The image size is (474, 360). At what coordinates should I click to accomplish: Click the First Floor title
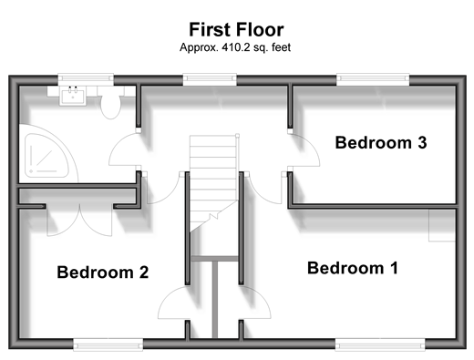tap(236, 30)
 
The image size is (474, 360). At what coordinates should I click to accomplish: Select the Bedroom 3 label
tap(381, 142)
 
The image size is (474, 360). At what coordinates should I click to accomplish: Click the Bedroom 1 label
tap(353, 268)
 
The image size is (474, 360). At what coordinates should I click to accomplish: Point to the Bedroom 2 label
tap(103, 272)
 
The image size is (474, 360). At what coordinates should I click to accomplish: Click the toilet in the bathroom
tap(110, 103)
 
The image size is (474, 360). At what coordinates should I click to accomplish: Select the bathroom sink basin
tap(73, 96)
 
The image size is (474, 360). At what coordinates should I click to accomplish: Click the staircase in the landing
tap(213, 182)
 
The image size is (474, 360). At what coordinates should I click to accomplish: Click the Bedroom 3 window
tap(373, 78)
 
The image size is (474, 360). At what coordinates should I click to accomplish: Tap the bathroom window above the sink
tap(86, 78)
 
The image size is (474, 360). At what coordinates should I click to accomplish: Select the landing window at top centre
tap(210, 78)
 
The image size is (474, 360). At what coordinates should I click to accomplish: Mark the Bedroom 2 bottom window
tap(108, 345)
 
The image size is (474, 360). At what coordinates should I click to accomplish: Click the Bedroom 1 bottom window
tap(380, 345)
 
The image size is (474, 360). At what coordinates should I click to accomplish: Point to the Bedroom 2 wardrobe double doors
tap(79, 221)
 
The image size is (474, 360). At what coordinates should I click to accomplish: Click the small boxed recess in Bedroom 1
tap(442, 225)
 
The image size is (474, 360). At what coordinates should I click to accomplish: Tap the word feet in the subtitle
tap(282, 47)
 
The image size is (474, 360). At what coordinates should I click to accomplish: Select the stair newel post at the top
tap(237, 136)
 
